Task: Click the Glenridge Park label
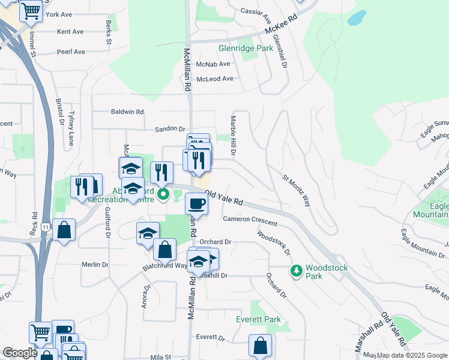[x=246, y=47]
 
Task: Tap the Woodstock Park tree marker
[x=296, y=272]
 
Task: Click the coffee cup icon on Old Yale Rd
[x=196, y=203]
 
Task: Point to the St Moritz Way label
[x=297, y=190]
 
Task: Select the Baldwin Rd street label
[x=127, y=112]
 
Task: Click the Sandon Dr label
[x=170, y=128]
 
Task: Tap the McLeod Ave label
[x=214, y=79]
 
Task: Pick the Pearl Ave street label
[x=71, y=52]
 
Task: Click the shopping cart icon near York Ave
[x=31, y=10]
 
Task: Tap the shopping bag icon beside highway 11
[x=64, y=229]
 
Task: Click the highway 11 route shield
[x=46, y=226]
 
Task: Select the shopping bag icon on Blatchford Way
[x=164, y=249]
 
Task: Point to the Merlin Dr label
[x=95, y=264]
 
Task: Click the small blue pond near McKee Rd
[x=357, y=17]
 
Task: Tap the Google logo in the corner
[x=19, y=353]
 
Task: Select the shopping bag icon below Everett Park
[x=261, y=345]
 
